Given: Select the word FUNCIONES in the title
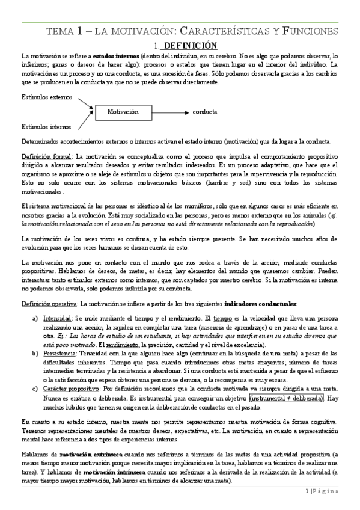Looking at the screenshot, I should (x=310, y=31).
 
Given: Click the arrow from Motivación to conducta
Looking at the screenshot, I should (x=174, y=112).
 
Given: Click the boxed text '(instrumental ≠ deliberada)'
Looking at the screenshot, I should (x=287, y=398).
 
